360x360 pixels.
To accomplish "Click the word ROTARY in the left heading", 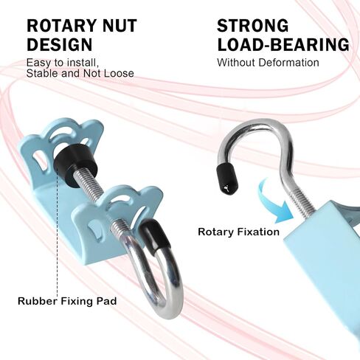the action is tap(61, 25).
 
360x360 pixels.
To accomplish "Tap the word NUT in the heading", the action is tap(120, 25).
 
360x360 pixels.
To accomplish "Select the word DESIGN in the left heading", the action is tap(59, 44).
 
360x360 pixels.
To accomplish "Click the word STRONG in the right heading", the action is tap(252, 25).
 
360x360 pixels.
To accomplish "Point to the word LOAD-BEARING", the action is tap(283, 44).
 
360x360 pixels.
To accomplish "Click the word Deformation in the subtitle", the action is tap(288, 63).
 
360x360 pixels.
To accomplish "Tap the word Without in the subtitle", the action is tap(236, 63).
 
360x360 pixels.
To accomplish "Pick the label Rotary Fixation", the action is tap(238, 232).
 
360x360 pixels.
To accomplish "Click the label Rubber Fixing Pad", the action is tap(67, 301).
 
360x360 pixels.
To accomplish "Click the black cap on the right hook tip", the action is tap(226, 179).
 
